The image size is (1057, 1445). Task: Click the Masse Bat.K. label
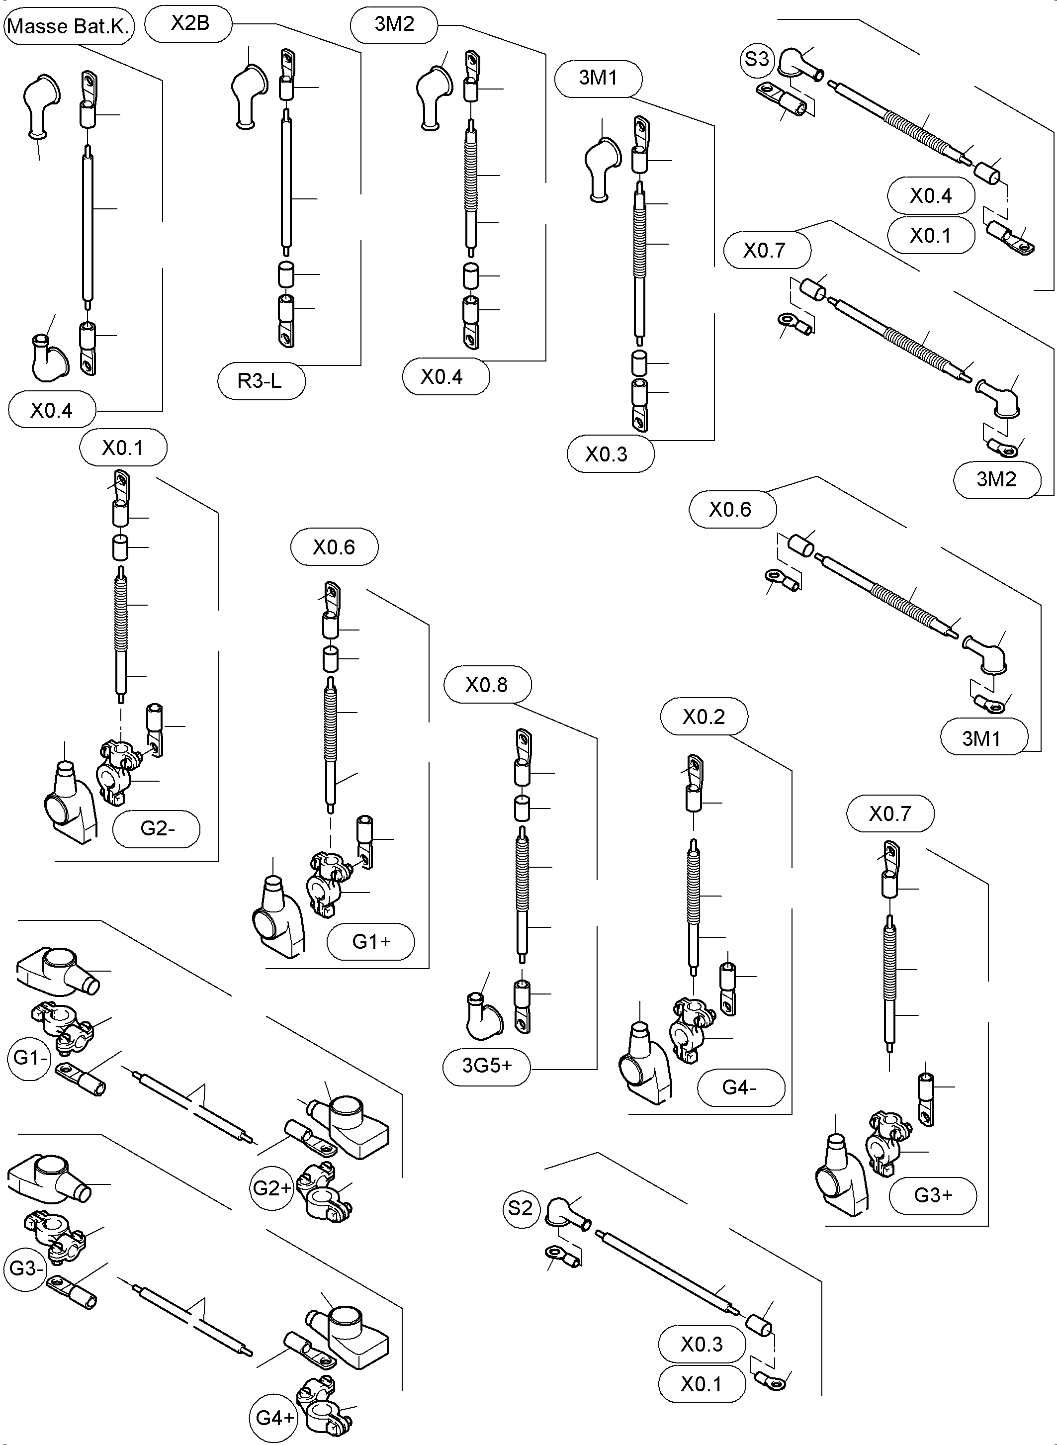click(69, 27)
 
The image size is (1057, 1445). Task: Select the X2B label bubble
click(189, 24)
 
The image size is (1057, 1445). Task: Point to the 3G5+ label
click(486, 1066)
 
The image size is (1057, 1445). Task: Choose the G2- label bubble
click(157, 829)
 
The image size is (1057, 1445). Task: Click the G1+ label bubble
click(370, 941)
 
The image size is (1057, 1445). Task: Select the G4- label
click(740, 1087)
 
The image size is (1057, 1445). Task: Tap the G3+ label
click(932, 1195)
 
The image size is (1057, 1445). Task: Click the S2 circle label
click(520, 1208)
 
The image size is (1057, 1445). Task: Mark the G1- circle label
click(29, 1058)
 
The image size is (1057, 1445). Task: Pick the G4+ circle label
click(273, 1418)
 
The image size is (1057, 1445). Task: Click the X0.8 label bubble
click(487, 685)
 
